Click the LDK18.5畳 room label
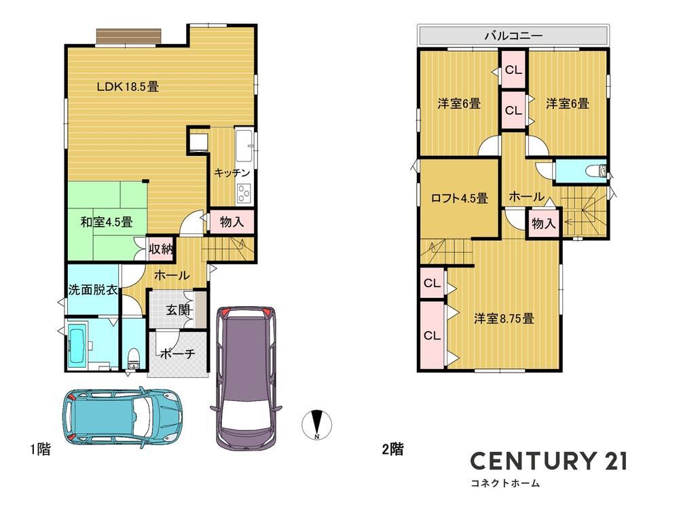[128, 87]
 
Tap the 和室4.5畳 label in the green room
[107, 222]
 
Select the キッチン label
[232, 173]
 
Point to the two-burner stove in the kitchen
[244, 193]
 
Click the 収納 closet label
[161, 249]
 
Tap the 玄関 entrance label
[179, 310]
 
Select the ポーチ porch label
[177, 354]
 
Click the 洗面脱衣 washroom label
[93, 290]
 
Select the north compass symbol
[316, 424]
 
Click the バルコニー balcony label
[513, 35]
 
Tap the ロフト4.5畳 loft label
[460, 198]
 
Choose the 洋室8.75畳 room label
[504, 319]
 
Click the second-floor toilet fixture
[596, 170]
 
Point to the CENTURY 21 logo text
[549, 461]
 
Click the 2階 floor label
[392, 449]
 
